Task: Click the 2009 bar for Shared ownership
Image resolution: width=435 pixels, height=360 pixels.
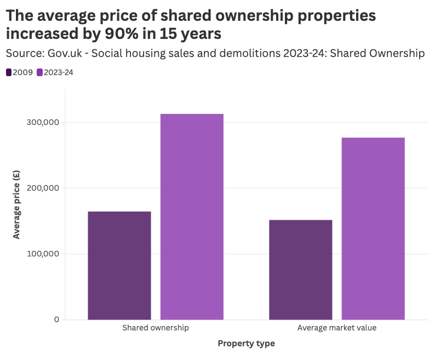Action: coord(119,265)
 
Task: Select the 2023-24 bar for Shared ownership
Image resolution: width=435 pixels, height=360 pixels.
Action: coord(192,216)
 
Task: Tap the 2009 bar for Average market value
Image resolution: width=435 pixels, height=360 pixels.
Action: coord(301,270)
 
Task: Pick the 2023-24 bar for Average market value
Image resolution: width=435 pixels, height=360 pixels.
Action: coord(373,228)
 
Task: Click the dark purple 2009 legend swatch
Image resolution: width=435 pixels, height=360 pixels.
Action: coord(9,72)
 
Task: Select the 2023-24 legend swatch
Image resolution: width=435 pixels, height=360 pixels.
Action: coord(39,72)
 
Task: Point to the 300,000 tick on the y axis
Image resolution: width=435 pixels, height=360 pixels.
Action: coord(42,123)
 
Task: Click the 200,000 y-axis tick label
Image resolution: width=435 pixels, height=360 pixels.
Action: coord(42,188)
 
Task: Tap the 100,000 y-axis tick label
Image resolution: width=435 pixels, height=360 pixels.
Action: coord(42,254)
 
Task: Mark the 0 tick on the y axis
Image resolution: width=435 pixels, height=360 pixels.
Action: coord(56,319)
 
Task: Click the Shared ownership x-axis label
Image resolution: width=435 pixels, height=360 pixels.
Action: coord(156,328)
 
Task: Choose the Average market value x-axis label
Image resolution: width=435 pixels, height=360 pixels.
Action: coord(337,328)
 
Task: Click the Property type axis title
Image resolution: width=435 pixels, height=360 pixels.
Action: coord(246,344)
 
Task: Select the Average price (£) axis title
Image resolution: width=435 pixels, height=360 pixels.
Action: coord(16,204)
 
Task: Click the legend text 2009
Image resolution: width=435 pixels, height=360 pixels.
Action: coord(22,72)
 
